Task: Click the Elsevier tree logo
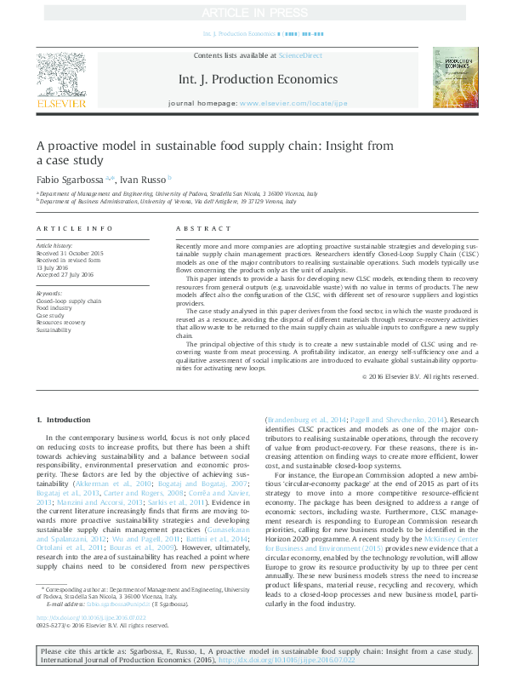pyautogui.click(x=60, y=77)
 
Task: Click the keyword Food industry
pyautogui.click(x=55, y=308)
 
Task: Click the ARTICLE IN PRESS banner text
pyautogui.click(x=253, y=13)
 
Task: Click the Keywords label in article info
pyautogui.click(x=49, y=294)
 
